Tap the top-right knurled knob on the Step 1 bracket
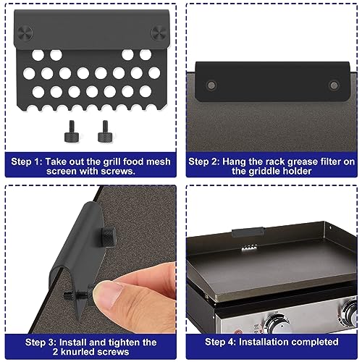pyautogui.click(x=156, y=32)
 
